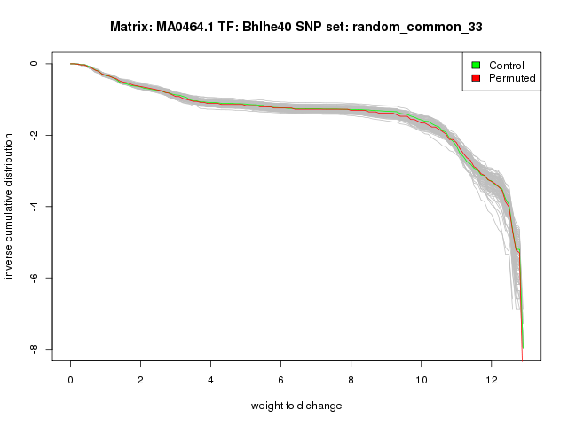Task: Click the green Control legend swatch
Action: pos(476,65)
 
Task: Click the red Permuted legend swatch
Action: pos(476,78)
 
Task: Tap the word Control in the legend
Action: pos(506,65)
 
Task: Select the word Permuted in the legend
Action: pos(512,78)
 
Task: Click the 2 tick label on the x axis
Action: pos(140,379)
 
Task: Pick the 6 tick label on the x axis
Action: pos(280,379)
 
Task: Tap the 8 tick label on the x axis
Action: pos(351,379)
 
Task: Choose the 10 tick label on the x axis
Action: pos(421,379)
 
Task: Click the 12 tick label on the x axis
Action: pos(491,379)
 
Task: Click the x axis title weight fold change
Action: pos(296,406)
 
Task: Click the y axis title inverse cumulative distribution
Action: pos(10,206)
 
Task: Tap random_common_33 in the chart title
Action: pos(416,27)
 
